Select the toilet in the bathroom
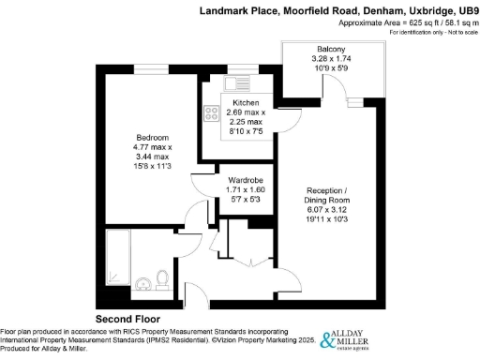point(161,278)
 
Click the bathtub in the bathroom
point(117,258)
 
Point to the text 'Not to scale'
point(455,33)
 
